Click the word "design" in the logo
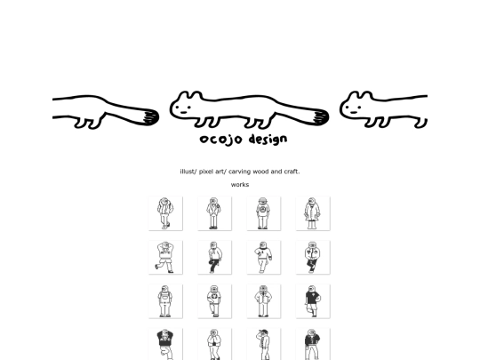268,139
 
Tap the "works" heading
240,185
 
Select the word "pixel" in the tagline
206,172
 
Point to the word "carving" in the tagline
239,172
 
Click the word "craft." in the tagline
292,172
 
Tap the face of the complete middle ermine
184,109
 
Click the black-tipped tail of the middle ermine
320,117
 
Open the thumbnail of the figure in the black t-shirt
313,301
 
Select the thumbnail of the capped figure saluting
264,344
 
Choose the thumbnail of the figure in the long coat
313,213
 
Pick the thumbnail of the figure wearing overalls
165,301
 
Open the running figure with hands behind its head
165,257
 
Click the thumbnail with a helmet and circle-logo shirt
264,213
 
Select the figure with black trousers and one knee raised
214,257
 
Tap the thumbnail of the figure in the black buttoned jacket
313,344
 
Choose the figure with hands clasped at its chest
214,344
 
